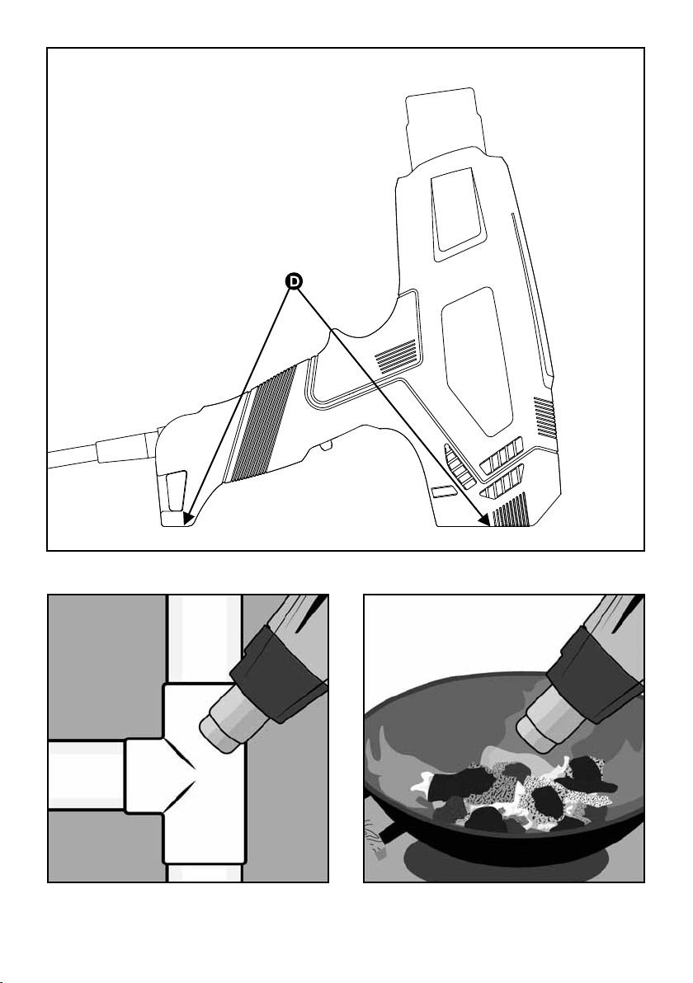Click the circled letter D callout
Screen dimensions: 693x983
tap(294, 282)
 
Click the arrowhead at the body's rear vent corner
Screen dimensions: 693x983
tap(486, 520)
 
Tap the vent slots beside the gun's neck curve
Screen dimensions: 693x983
tap(396, 355)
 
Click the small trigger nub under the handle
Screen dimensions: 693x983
tap(327, 446)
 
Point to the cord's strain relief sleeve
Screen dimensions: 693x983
tap(124, 446)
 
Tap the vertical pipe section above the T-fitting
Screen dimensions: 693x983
tap(205, 635)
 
